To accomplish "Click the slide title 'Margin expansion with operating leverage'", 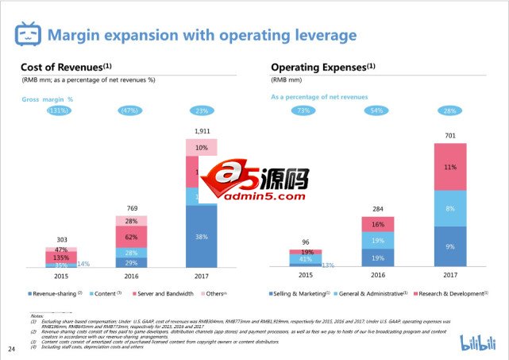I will [202, 35].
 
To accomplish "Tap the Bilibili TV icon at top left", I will [28, 34].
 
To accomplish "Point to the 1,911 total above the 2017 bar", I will [202, 130].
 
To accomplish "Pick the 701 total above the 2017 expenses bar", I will [450, 136].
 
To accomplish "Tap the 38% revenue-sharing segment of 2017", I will [202, 236].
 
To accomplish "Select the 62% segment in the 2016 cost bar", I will [131, 236].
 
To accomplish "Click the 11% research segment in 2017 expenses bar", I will [450, 168].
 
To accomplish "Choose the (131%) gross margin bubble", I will [58, 110].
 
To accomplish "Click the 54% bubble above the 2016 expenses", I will [377, 110].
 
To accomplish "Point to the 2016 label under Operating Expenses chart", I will [377, 275].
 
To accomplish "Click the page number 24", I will [11, 349].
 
